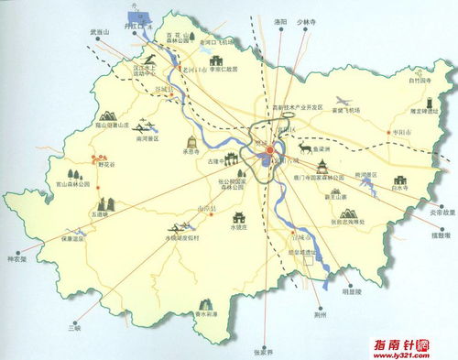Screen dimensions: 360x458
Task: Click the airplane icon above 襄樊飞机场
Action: tap(344, 100)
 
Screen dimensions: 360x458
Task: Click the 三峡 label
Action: tap(61, 324)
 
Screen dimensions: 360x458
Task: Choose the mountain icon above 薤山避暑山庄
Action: tap(108, 116)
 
